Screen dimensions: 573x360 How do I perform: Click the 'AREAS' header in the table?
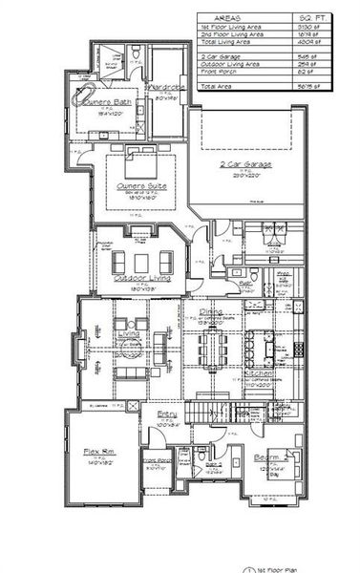tap(225, 18)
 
